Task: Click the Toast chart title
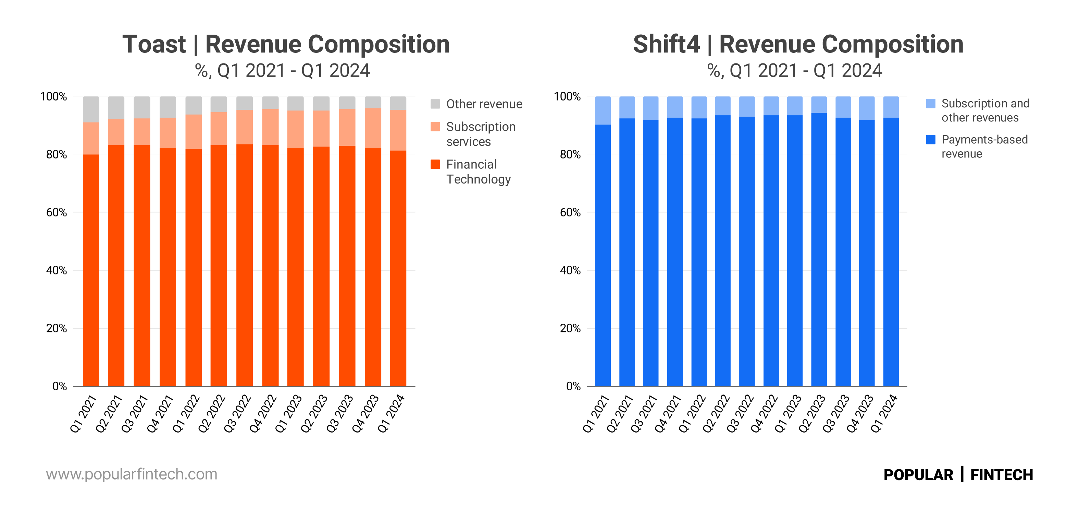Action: [x=286, y=45]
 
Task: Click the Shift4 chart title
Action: [x=798, y=45]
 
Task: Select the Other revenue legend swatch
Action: [x=435, y=104]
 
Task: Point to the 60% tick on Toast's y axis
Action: [x=57, y=212]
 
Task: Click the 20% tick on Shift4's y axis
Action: [x=570, y=328]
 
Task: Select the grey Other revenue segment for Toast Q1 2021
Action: [x=91, y=109]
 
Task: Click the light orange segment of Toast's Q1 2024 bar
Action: [x=398, y=130]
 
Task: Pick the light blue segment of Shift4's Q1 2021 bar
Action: [x=603, y=110]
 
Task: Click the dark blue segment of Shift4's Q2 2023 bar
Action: [x=819, y=251]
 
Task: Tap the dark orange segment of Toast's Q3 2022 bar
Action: [x=245, y=264]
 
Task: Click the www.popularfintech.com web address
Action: [x=132, y=474]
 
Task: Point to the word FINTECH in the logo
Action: [x=1002, y=475]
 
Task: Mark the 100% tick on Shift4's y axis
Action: [x=567, y=96]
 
